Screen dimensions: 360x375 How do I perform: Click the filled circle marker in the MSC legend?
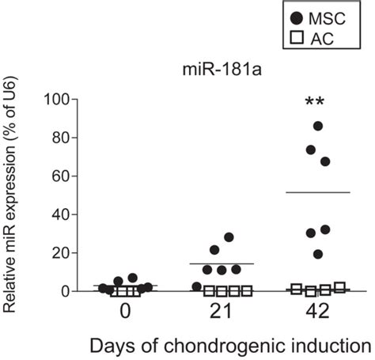pyautogui.click(x=297, y=17)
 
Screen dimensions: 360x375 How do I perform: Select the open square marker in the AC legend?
pyautogui.click(x=297, y=38)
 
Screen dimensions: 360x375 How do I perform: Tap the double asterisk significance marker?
pyautogui.click(x=316, y=104)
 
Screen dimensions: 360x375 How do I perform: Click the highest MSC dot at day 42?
pyautogui.click(x=318, y=126)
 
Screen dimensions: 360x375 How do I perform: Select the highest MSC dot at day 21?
pyautogui.click(x=229, y=237)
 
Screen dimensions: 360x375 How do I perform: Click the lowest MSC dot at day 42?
pyautogui.click(x=318, y=254)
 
